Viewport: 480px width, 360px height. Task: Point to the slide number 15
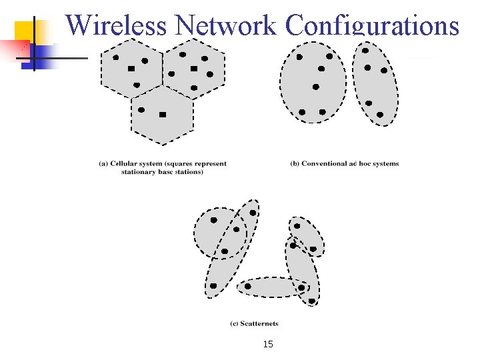coord(268,344)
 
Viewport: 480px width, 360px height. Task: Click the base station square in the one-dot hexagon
coord(163,115)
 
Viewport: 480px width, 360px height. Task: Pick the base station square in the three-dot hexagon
coord(131,69)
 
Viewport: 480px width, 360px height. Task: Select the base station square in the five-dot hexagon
coord(194,69)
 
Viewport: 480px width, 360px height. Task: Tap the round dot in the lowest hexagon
coord(141,109)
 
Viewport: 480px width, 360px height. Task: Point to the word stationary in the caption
coord(137,171)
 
